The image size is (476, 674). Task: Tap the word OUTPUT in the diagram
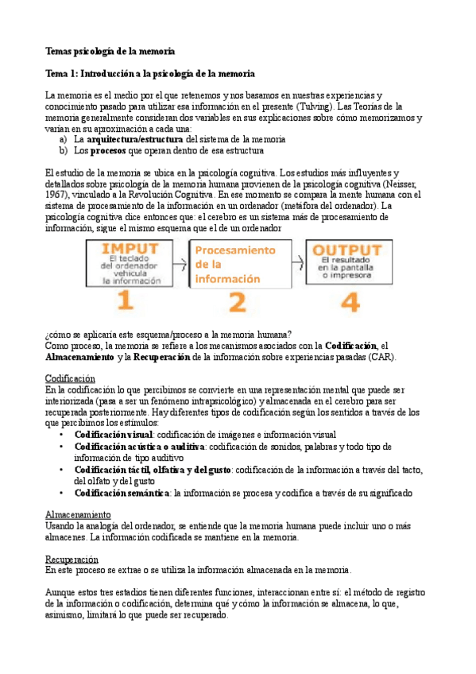point(348,249)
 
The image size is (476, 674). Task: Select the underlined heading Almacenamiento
point(78,515)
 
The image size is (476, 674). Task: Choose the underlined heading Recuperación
point(72,559)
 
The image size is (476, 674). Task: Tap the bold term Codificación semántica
point(122,493)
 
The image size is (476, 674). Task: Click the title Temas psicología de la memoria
point(110,51)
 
